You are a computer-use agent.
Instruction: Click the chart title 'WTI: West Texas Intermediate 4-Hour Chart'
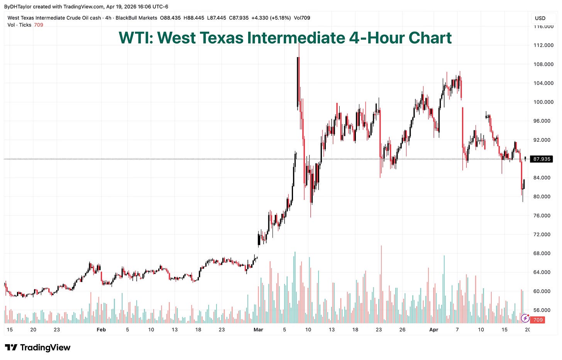coord(285,38)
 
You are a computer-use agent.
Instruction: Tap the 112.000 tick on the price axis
coord(543,45)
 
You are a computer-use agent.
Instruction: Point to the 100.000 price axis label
coord(543,102)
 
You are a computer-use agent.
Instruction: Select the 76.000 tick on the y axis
coord(543,215)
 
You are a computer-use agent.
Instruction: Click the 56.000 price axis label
coord(543,310)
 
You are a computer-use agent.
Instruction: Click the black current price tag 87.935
coord(541,159)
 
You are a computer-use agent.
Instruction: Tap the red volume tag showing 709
coord(538,319)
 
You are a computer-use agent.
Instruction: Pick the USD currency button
coord(540,18)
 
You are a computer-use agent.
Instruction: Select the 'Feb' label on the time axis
coord(101,330)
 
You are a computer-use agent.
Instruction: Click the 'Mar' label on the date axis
coord(258,330)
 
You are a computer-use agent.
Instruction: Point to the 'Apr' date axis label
coord(434,330)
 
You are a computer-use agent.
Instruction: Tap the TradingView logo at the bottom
coord(37,348)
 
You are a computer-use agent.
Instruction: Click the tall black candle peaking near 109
coord(298,81)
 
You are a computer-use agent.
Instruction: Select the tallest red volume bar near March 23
coord(381,284)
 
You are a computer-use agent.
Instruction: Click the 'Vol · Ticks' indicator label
coord(19,25)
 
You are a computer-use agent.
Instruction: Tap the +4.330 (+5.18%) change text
coord(271,18)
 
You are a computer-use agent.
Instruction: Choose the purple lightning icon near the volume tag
coord(525,318)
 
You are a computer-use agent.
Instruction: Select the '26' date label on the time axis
coord(402,330)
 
